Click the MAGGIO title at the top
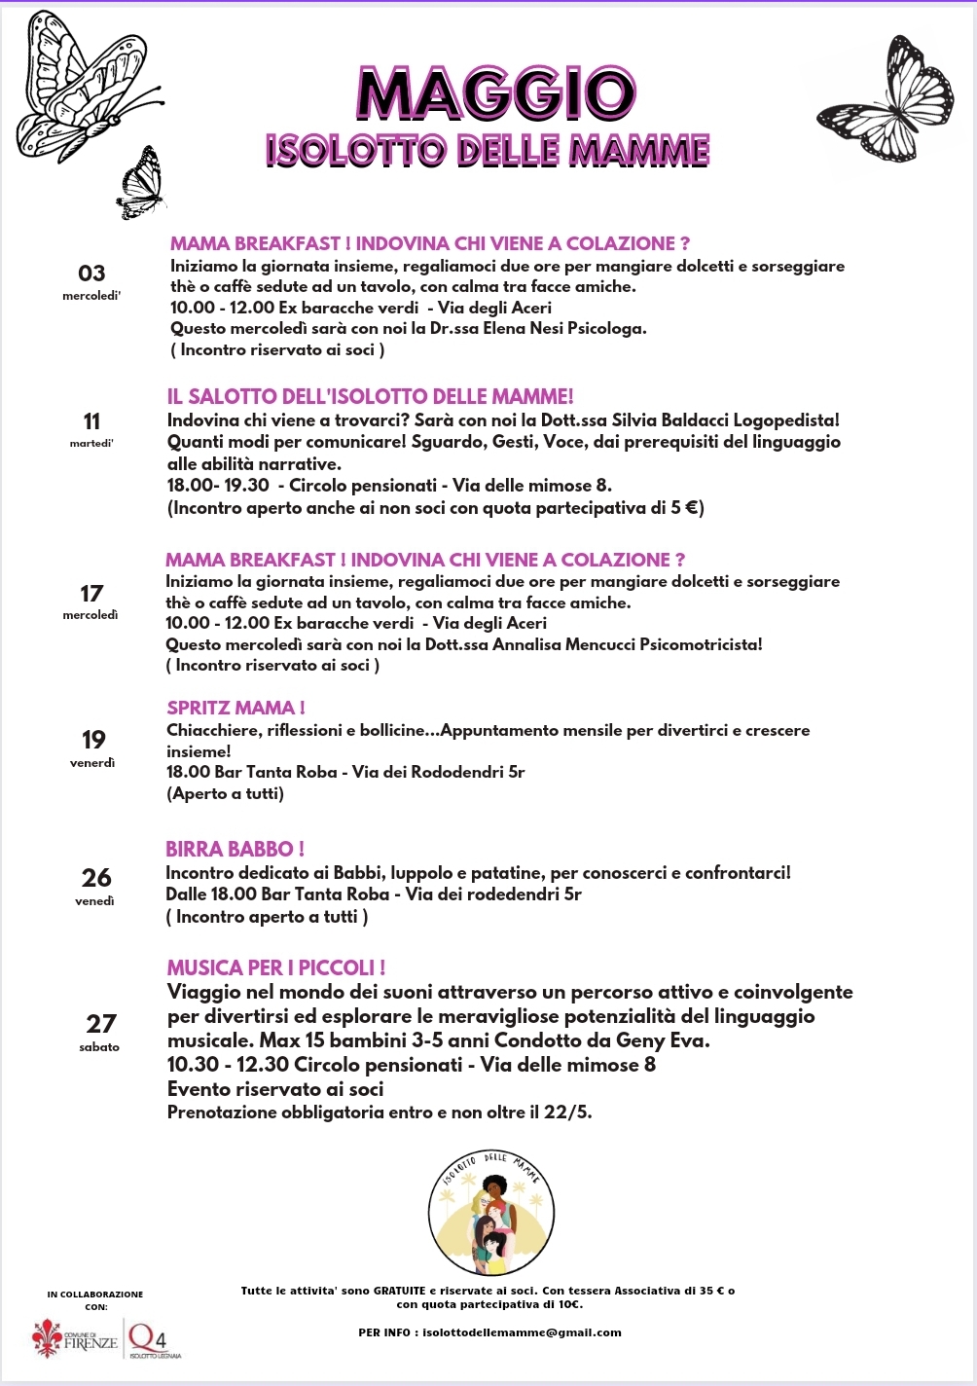[496, 94]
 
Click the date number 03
[91, 274]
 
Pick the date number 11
[91, 421]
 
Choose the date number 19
[93, 740]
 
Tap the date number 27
[100, 1024]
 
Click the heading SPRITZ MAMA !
[235, 708]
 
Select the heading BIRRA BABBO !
[235, 849]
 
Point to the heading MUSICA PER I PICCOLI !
[276, 967]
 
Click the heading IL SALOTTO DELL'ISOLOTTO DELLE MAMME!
[370, 396]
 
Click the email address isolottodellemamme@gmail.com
[522, 1332]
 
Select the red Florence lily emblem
[46, 1338]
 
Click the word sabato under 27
[99, 1047]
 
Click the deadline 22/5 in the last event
[566, 1112]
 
